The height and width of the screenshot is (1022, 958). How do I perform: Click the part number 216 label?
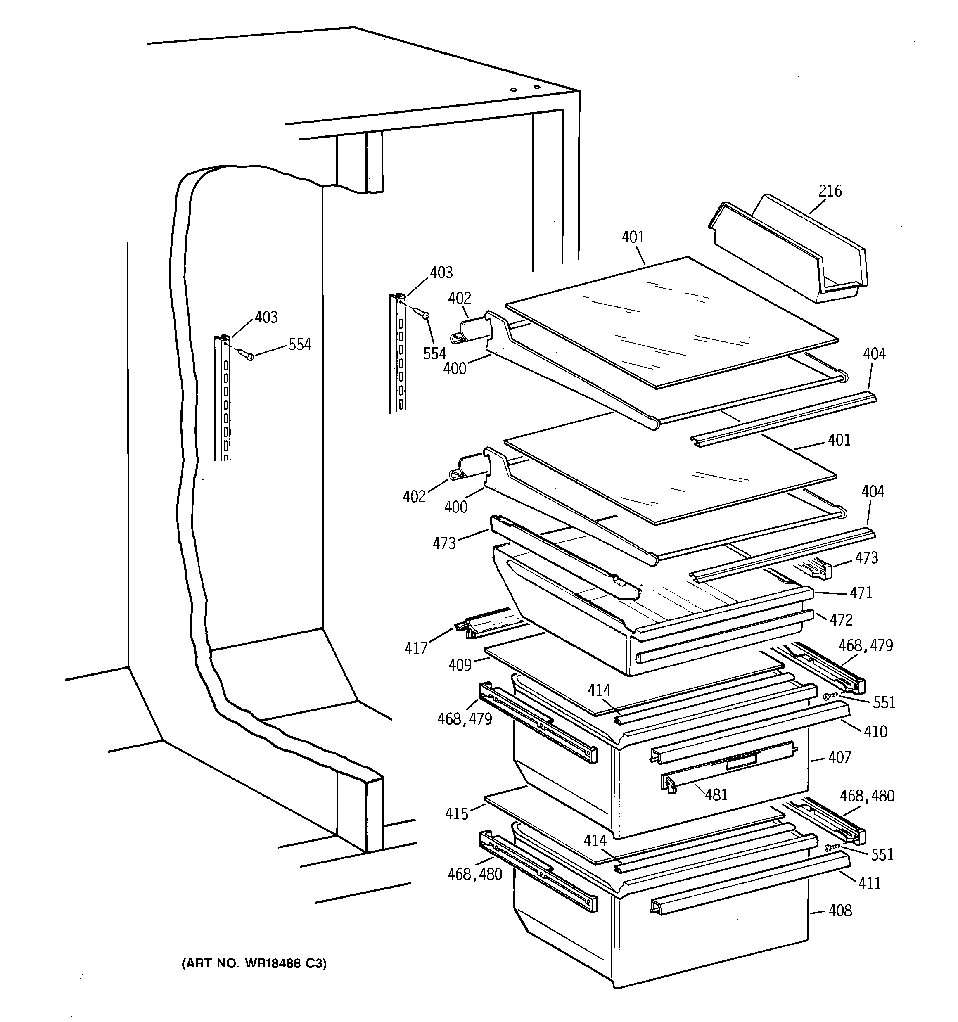pyautogui.click(x=830, y=191)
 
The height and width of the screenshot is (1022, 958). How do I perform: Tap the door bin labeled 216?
pyautogui.click(x=792, y=252)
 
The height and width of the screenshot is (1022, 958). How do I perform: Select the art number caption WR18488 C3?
pyautogui.click(x=254, y=963)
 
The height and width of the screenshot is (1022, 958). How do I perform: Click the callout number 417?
pyautogui.click(x=415, y=648)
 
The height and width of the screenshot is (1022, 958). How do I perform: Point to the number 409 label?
pyautogui.click(x=460, y=665)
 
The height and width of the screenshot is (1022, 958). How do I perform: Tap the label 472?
pyautogui.click(x=841, y=620)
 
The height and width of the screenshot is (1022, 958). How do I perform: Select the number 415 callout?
pyautogui.click(x=457, y=814)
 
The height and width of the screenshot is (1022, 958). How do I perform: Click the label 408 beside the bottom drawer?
pyautogui.click(x=840, y=911)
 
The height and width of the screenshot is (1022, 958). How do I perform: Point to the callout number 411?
pyautogui.click(x=869, y=883)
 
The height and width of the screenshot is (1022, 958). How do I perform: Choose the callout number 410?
pyautogui.click(x=875, y=731)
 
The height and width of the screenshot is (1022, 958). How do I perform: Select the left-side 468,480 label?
pyautogui.click(x=474, y=874)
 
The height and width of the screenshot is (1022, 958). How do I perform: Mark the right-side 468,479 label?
pyautogui.click(x=866, y=646)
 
